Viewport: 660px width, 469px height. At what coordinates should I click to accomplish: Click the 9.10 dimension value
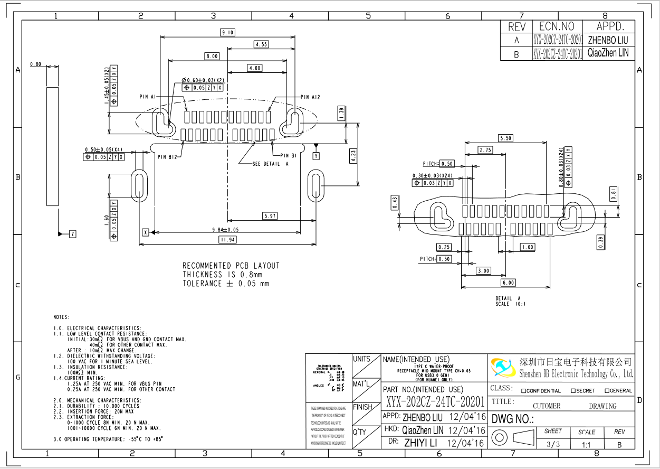click(x=227, y=33)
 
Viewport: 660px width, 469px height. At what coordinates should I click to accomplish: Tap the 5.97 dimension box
click(x=270, y=216)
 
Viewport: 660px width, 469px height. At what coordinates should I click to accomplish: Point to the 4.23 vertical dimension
click(x=353, y=155)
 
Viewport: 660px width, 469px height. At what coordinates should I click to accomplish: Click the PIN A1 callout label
click(x=147, y=97)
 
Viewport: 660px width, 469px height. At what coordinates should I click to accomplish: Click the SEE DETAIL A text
click(x=271, y=164)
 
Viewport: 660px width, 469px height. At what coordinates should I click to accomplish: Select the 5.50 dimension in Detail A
click(x=505, y=138)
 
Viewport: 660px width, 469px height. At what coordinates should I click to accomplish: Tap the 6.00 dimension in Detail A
click(x=508, y=283)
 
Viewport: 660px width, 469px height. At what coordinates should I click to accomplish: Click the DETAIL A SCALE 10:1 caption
click(x=510, y=301)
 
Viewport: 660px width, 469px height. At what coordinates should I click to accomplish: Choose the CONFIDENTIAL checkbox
click(x=524, y=391)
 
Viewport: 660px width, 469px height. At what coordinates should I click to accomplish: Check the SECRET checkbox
click(x=573, y=391)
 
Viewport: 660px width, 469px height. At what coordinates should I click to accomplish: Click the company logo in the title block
click(x=502, y=368)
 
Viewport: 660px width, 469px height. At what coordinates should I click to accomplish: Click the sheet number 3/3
click(x=553, y=444)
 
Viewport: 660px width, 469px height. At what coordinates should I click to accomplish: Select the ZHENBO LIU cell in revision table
click(x=607, y=40)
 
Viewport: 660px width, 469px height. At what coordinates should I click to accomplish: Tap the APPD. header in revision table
click(x=610, y=26)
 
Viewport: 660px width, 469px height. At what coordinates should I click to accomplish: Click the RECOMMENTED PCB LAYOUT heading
click(x=231, y=266)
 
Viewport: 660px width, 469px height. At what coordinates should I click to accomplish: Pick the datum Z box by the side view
click(x=72, y=234)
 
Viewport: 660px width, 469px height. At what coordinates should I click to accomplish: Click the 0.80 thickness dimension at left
click(x=36, y=64)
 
